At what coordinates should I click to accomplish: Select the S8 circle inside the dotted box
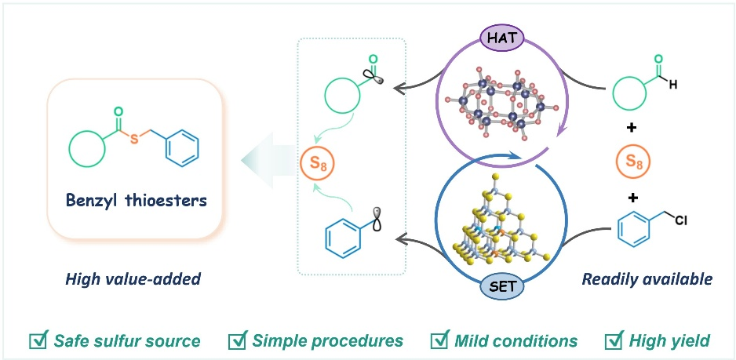[x=312, y=165]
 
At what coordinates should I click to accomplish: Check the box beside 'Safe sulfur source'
[x=38, y=340]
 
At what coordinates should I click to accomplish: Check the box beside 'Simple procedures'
[x=236, y=340]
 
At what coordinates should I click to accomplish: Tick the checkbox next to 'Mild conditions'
[x=441, y=340]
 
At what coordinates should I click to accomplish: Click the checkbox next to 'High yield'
[x=614, y=340]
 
